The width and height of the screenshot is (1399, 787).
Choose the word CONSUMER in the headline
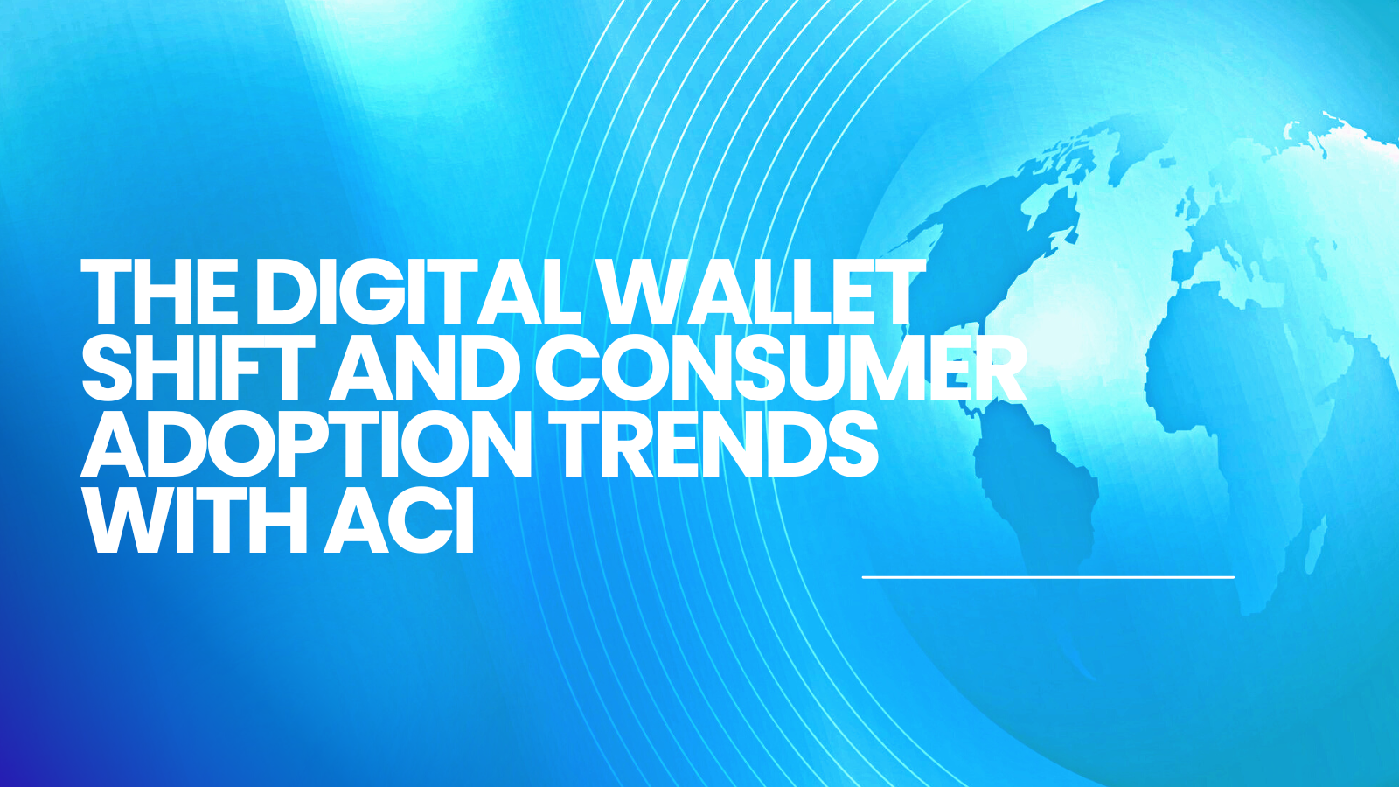coord(782,366)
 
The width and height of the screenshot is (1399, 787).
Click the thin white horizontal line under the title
coord(1048,577)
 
